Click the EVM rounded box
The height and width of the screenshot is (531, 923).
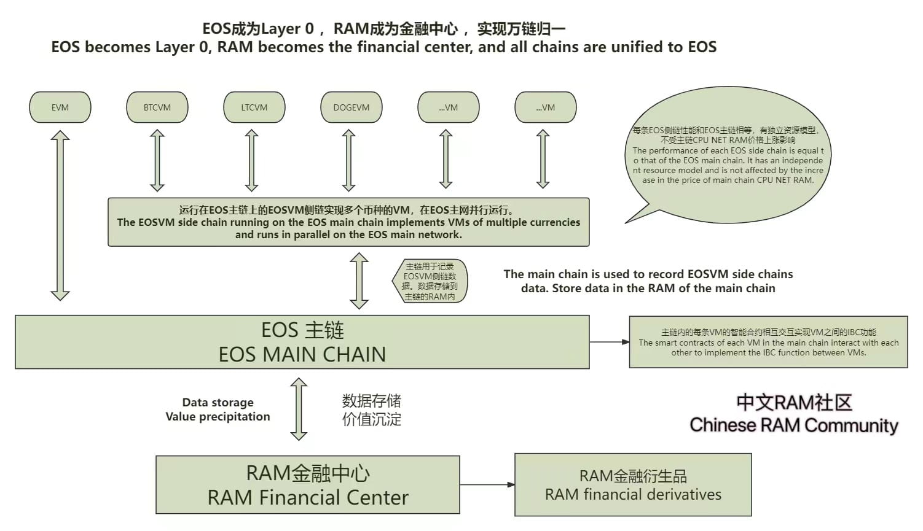tap(60, 107)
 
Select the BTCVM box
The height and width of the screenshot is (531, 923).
tap(157, 107)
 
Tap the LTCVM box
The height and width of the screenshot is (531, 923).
tap(254, 107)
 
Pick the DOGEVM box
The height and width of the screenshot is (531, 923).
tap(352, 107)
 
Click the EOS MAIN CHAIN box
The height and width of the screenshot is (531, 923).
tap(302, 342)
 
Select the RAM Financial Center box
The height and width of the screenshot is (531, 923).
tap(307, 485)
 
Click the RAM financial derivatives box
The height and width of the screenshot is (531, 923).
tap(633, 485)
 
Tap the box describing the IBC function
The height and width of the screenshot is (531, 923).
tap(768, 342)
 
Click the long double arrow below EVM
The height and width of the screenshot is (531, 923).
tap(60, 215)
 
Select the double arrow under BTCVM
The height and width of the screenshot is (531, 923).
tap(157, 160)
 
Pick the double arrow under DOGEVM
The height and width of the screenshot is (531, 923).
tap(349, 160)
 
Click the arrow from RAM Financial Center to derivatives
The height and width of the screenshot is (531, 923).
tap(487, 484)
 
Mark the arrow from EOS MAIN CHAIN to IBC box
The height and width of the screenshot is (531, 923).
tap(609, 342)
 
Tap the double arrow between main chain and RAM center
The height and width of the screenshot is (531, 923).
tap(299, 409)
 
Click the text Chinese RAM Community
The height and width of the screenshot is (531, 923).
tap(793, 425)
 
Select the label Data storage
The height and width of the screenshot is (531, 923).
tap(218, 403)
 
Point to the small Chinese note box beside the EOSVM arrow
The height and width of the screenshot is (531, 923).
tap(430, 281)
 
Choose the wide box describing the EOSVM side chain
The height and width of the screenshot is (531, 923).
tap(348, 222)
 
